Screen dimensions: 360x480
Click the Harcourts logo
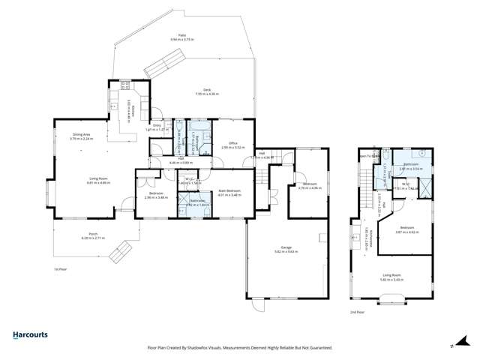[x=32, y=336]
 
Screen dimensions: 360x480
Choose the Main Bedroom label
[x=229, y=192]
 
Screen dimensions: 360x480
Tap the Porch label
[x=94, y=235]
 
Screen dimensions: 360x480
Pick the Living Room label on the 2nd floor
[x=391, y=277]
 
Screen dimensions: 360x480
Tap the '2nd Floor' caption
[x=358, y=311]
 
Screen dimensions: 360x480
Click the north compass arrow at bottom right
[x=452, y=346]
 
